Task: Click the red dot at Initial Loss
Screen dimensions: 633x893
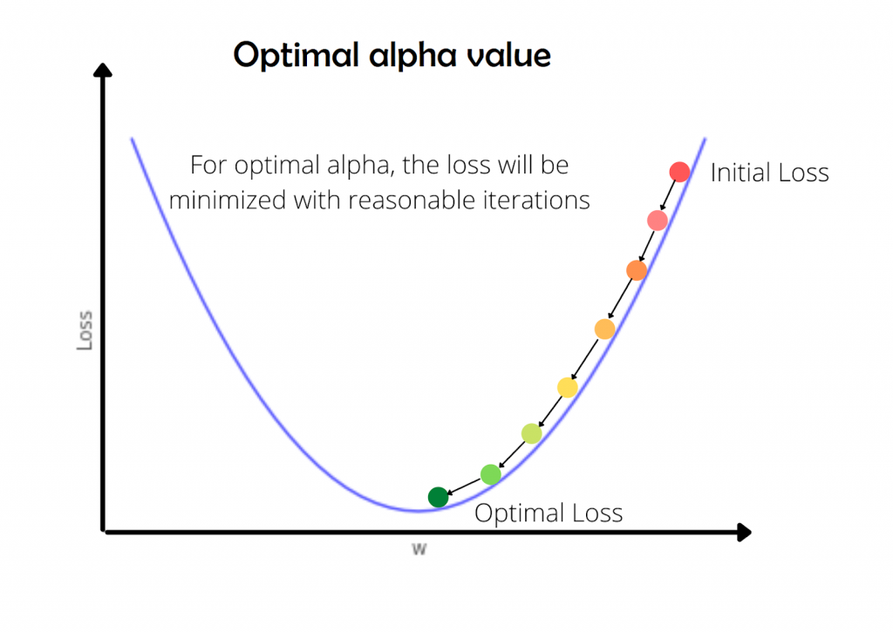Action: [x=679, y=172]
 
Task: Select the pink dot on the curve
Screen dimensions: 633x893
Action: [x=658, y=221]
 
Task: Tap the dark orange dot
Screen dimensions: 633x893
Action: [x=637, y=270]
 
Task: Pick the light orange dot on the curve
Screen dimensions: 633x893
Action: [x=604, y=329]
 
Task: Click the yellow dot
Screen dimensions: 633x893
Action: [x=567, y=387]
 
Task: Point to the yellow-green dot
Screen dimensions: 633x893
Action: [x=531, y=432]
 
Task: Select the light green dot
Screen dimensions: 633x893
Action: [x=491, y=474]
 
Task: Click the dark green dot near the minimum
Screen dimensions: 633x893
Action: [x=438, y=497]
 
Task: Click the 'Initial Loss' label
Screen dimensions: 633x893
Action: [x=769, y=173]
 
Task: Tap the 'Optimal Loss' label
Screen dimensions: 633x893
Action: [x=549, y=513]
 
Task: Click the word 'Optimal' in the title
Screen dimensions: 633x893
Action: [x=290, y=57]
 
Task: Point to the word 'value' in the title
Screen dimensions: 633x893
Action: [x=508, y=57]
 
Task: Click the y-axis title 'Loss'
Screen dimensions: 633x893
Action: [x=85, y=331]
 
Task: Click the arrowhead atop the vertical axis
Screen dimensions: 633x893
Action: [x=104, y=74]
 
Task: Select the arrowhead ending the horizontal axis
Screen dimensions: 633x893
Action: [x=742, y=531]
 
